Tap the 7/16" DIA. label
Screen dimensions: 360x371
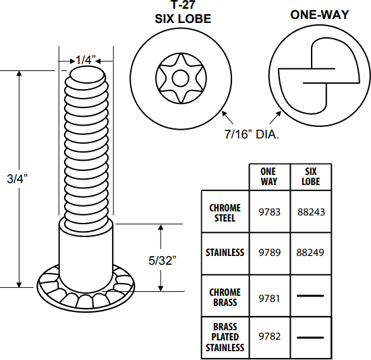[x=252, y=134]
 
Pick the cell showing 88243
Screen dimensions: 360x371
[x=310, y=211]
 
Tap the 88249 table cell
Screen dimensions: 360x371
[x=310, y=253]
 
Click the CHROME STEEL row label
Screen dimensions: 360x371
[x=225, y=211]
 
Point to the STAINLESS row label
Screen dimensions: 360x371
[x=225, y=253]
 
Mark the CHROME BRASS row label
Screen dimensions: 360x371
[x=225, y=296]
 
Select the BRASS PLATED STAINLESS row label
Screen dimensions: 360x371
[x=225, y=336]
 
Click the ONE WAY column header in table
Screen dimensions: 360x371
[x=268, y=177]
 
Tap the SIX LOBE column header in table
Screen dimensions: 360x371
[x=310, y=177]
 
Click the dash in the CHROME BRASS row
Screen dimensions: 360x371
[x=310, y=296]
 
